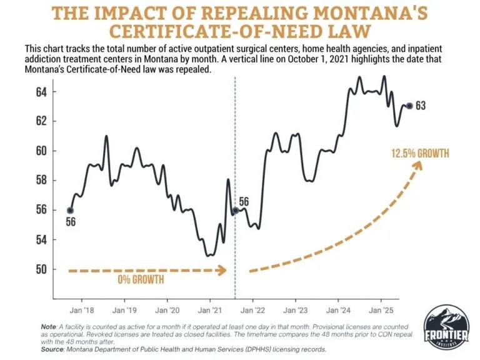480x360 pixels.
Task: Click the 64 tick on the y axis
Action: tap(57, 92)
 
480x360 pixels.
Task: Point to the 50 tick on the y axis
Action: tap(57, 270)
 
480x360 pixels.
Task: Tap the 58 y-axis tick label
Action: tap(57, 181)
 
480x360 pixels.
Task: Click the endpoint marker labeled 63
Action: tap(409, 106)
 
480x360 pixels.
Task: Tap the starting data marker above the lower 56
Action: tap(70, 211)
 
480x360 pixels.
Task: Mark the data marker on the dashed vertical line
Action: tap(235, 211)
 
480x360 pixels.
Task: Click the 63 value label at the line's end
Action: tap(421, 106)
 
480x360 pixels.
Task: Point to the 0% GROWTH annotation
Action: tap(141, 280)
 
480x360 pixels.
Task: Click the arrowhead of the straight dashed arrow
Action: tap(223, 270)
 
